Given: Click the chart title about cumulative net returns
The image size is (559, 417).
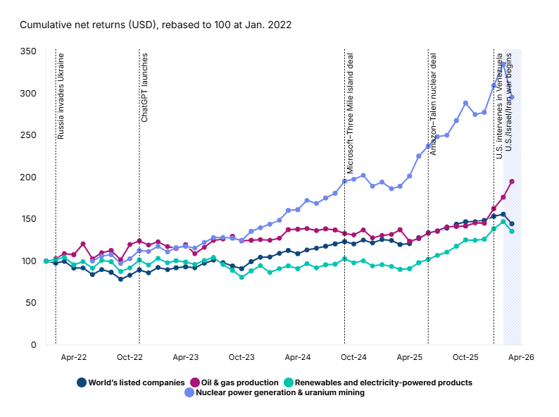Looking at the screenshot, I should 156,25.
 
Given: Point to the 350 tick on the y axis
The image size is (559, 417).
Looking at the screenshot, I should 28,51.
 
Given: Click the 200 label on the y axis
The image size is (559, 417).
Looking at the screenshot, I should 28,177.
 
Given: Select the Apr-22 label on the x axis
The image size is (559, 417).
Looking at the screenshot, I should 73,358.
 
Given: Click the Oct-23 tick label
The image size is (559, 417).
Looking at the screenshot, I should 241,358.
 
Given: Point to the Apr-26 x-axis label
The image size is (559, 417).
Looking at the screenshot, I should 521,358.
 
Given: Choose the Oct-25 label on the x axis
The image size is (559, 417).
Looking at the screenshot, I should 465,358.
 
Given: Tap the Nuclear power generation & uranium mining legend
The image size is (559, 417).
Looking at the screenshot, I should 275,393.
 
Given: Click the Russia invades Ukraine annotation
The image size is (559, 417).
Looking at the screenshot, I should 61,95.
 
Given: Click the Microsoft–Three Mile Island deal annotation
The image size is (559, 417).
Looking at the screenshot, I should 349,113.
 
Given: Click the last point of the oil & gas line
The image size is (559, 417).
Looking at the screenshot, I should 512,182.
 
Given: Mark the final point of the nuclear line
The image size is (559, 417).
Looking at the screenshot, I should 512,97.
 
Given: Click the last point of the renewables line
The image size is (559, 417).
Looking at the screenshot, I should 512,231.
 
